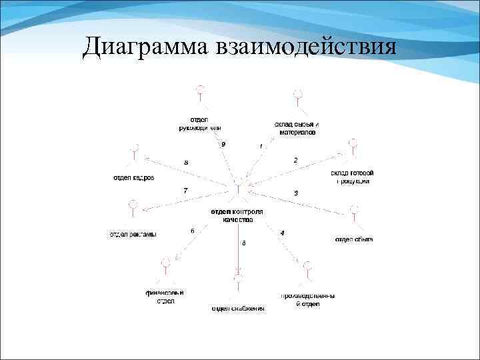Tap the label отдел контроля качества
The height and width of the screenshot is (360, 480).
237,215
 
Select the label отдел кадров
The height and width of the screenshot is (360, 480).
133,177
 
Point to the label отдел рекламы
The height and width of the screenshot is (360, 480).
133,234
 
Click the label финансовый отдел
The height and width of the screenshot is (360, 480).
165,297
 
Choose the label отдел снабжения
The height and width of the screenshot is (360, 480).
238,309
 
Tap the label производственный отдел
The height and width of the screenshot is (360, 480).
307,300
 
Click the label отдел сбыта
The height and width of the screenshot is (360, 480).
353,239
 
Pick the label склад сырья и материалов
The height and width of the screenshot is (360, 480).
297,128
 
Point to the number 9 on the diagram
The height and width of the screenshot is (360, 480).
223,144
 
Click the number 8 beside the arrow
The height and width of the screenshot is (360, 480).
186,162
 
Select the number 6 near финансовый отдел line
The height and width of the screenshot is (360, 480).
193,231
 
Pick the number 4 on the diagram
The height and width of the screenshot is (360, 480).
283,233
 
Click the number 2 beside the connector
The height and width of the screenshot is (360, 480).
295,160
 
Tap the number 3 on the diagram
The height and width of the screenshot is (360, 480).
296,193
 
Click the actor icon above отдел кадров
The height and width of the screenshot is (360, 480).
135,151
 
